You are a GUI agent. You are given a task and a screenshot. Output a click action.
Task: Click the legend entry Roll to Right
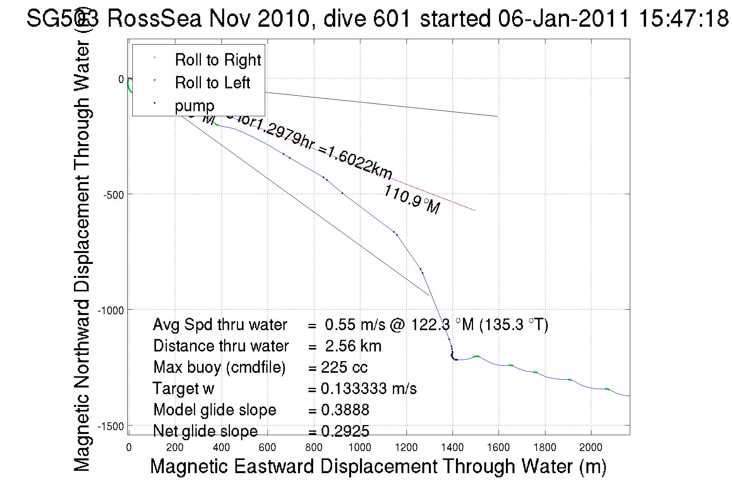(218, 60)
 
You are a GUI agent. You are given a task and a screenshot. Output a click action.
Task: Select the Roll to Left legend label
(212, 83)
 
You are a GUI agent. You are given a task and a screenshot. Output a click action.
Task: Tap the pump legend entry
(194, 106)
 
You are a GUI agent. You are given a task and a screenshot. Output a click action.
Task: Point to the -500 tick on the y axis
(113, 195)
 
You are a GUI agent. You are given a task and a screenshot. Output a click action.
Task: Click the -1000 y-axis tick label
(111, 311)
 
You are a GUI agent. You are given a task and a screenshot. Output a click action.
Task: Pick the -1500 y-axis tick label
(111, 427)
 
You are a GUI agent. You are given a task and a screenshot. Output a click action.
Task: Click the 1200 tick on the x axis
(406, 448)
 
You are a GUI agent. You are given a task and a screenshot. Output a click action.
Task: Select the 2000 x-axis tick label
(591, 448)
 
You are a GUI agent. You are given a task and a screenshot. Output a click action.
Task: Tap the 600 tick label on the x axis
(267, 448)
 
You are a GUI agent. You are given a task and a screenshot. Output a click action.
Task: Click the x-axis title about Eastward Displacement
(378, 466)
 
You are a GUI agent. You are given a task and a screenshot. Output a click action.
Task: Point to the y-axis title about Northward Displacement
(82, 256)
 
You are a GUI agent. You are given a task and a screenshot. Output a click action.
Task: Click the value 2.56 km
(353, 346)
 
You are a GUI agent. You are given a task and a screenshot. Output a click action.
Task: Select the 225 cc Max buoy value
(344, 367)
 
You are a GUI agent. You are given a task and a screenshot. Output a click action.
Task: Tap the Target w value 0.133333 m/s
(369, 389)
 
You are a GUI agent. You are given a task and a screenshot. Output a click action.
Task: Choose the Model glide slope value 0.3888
(345, 410)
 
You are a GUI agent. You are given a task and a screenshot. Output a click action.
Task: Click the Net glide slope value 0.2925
(345, 431)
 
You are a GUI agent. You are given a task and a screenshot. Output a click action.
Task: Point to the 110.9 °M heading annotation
(411, 200)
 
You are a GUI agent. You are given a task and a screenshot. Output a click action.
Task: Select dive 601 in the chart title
(367, 19)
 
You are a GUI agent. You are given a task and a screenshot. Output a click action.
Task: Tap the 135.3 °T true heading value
(514, 325)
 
